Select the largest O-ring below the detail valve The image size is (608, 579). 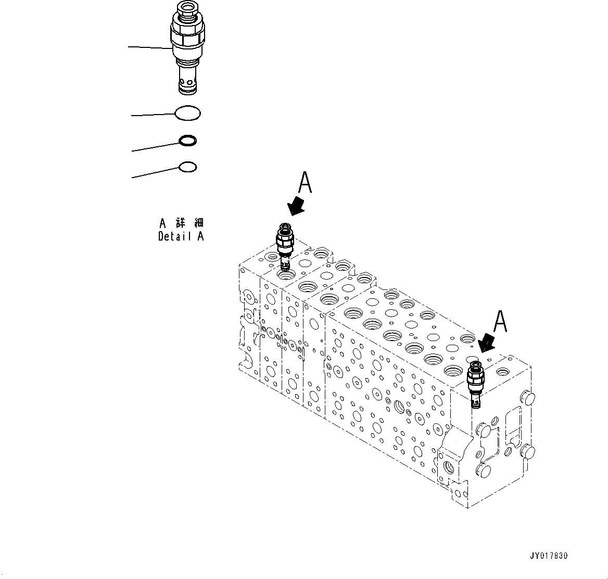click(x=188, y=113)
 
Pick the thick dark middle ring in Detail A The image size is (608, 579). click(x=187, y=141)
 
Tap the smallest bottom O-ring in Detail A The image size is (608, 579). click(x=187, y=167)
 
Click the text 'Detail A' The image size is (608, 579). click(x=181, y=236)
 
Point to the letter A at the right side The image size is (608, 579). click(x=500, y=321)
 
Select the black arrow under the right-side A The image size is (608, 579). click(x=487, y=343)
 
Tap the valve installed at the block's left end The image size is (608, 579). click(x=285, y=245)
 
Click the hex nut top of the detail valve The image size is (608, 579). click(x=187, y=10)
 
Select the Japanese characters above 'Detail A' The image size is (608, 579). click(x=181, y=223)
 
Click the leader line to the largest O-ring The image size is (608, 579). click(x=154, y=114)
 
